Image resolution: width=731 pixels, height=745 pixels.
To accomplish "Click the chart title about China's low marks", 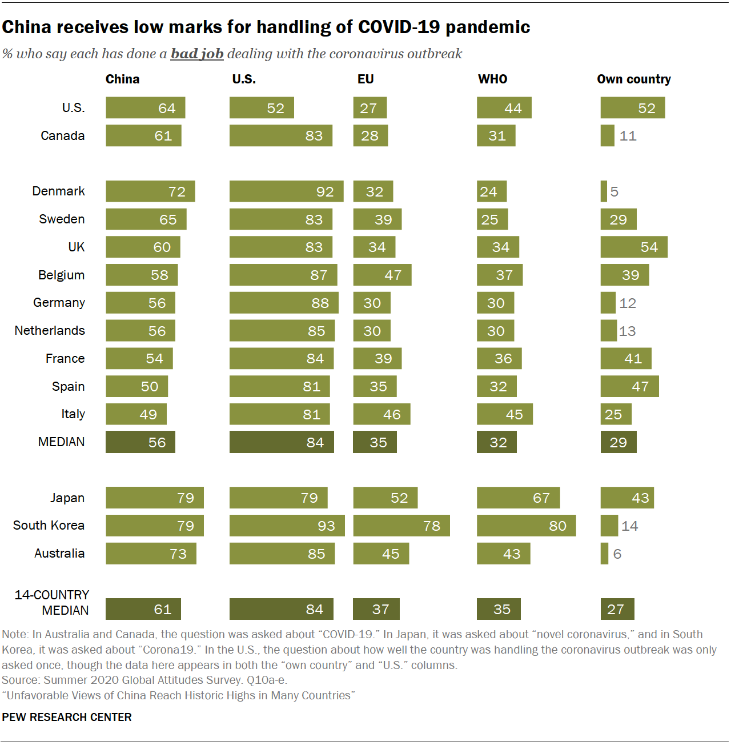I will tap(266, 27).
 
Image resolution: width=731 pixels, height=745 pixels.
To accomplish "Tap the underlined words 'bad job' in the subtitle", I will tap(196, 54).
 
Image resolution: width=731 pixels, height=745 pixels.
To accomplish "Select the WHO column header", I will tap(492, 79).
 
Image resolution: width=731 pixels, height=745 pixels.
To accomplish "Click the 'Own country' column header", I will tap(633, 79).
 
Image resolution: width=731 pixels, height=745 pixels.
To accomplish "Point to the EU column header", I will tap(365, 79).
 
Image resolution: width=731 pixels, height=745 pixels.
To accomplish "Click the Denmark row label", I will tap(58, 191).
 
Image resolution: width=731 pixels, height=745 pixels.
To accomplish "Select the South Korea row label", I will tap(49, 525).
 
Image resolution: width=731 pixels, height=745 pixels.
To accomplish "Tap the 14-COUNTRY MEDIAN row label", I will tap(53, 602).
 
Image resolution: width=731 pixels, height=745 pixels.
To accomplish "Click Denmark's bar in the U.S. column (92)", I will tap(286, 191).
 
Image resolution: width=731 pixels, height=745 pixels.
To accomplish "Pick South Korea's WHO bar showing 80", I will tap(526, 526).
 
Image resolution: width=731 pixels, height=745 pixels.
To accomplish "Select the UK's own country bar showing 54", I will tap(633, 247).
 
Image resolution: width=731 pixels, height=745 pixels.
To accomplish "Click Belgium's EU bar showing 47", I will tap(382, 275).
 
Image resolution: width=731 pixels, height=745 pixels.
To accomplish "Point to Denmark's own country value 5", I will tap(614, 191).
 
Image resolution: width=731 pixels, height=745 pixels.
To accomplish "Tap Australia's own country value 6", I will tap(617, 554).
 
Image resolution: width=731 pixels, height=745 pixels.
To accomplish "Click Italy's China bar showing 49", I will tap(136, 414).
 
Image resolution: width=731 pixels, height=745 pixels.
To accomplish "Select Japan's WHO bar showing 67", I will tap(518, 498).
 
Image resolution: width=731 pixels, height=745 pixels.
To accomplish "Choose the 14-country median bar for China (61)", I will tap(143, 609).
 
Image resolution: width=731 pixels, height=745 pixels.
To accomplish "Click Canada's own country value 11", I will tap(628, 136).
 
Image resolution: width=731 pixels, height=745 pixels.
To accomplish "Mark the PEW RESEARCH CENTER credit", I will tap(67, 717).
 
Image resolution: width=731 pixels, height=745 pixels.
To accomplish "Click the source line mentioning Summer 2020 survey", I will tap(144, 680).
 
